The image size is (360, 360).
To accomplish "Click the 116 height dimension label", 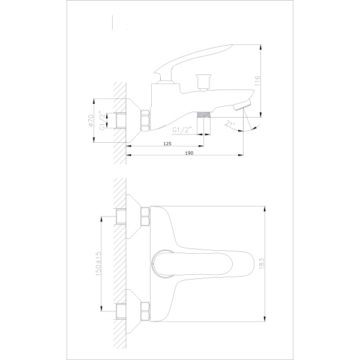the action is click(257, 80).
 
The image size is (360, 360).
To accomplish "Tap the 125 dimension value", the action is click(167, 144).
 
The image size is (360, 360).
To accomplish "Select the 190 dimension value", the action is click(189, 153).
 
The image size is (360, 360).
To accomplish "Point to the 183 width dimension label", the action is click(262, 264).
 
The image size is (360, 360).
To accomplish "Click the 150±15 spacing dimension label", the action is click(98, 263).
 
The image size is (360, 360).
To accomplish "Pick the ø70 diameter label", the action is click(90, 120).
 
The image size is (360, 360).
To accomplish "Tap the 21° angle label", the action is click(230, 124).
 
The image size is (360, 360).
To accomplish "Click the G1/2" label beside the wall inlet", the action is click(103, 121).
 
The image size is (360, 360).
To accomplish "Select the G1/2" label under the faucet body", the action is click(182, 130).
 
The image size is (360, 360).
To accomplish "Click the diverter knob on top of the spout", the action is click(203, 82).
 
